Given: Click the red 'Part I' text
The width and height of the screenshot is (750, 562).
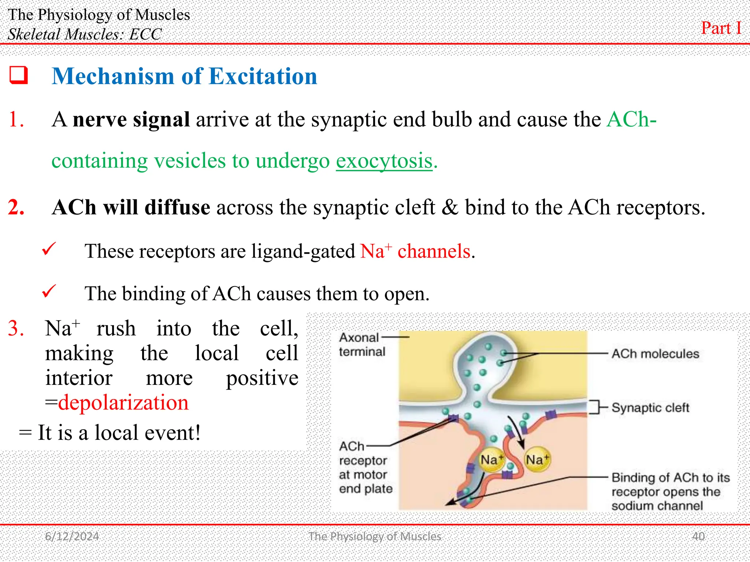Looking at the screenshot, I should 721,28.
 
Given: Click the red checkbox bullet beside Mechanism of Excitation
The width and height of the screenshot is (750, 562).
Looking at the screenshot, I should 19,75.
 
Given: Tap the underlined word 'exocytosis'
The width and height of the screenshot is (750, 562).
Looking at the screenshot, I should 384,161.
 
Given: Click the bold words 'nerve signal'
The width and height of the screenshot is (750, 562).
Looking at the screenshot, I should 131,120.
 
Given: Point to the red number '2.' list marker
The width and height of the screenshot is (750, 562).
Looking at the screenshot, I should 16,207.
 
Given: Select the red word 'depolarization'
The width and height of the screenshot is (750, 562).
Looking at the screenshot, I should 123,403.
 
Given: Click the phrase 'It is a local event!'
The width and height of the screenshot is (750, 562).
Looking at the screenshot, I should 119,433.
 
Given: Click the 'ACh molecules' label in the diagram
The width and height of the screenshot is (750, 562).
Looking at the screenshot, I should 655,354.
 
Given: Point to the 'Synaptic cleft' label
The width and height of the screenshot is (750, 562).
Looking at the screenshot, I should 650,408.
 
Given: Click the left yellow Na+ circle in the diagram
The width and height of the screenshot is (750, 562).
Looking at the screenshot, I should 491,460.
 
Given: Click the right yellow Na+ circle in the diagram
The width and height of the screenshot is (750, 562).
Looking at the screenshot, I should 537,460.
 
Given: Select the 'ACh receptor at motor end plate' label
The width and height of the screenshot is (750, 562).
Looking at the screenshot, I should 365,467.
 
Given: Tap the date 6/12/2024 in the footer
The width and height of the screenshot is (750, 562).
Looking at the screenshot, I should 72,536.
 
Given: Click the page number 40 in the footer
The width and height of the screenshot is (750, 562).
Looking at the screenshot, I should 698,536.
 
